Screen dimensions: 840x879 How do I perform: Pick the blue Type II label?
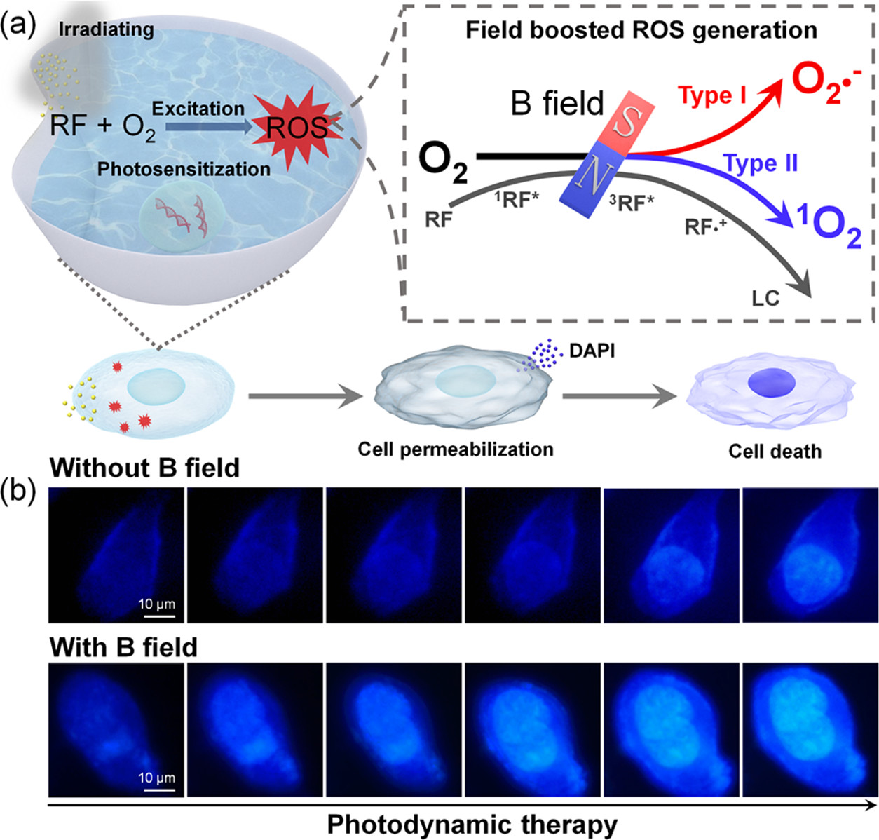point(761,163)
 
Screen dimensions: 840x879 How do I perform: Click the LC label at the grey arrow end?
point(765,298)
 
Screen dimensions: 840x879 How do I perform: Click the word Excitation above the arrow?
point(198,109)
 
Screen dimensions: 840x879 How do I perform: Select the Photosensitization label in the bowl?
point(184,170)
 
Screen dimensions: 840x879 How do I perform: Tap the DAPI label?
point(592,350)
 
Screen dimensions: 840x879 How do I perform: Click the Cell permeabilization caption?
point(456,449)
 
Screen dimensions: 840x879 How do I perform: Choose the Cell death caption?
point(775,451)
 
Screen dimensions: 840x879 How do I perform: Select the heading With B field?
point(123,646)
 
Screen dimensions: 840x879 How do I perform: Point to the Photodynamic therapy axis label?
point(472,825)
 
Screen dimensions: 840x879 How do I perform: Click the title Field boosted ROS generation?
point(641,30)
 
